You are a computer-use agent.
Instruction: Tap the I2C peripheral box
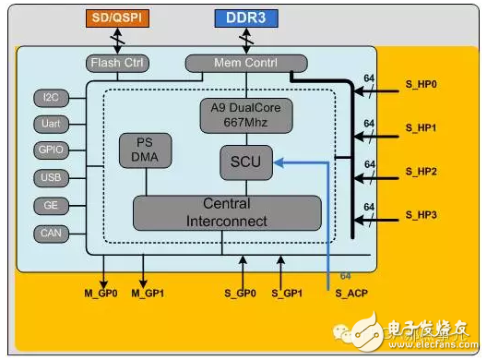[50, 97]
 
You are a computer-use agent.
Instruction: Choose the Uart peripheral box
[50, 124]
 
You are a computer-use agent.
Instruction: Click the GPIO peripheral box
[50, 150]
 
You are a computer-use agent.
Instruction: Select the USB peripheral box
[50, 178]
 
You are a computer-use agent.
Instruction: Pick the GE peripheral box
[50, 205]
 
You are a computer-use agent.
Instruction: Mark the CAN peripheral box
[50, 233]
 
